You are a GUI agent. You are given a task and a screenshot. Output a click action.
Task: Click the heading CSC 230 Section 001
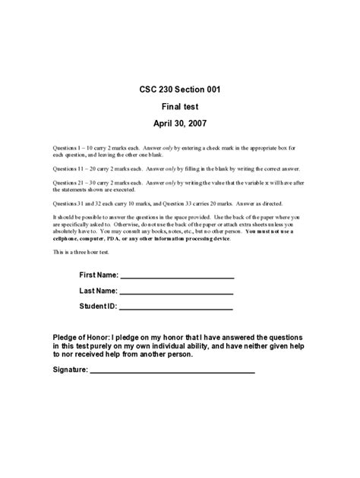(x=180, y=89)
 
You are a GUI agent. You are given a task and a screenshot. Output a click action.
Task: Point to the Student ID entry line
(x=176, y=309)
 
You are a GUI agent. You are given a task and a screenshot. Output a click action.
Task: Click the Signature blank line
(x=172, y=372)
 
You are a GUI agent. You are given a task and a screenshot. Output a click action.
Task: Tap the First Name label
(x=98, y=274)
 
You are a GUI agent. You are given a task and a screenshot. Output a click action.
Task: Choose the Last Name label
(x=98, y=290)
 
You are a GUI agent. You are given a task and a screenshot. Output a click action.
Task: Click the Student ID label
(x=98, y=306)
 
